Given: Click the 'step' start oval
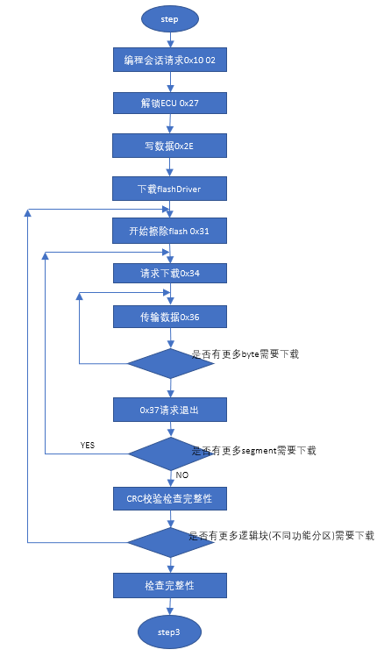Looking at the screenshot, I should (170, 18).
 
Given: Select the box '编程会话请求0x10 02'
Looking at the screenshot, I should (170, 61).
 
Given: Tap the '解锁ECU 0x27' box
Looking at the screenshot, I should (170, 103).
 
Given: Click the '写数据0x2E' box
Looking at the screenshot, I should (170, 145).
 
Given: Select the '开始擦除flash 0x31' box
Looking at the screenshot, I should (170, 231).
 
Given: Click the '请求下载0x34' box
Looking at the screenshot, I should (170, 273).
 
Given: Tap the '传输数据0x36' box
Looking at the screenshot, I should (170, 316).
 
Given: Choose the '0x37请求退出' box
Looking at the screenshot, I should (170, 410).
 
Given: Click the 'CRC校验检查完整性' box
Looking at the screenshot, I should (170, 498).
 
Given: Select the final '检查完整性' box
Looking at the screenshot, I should (170, 584).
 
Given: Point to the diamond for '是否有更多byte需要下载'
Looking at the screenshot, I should (170, 363).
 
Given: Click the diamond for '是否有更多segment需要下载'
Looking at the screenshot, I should (170, 453).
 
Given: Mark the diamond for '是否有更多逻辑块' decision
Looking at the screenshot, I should (170, 541).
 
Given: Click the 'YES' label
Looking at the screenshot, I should (87, 446).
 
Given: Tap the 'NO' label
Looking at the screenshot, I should (182, 475).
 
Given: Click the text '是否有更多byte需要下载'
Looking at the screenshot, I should (245, 354).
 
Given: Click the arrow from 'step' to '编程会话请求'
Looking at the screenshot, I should (170, 39).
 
